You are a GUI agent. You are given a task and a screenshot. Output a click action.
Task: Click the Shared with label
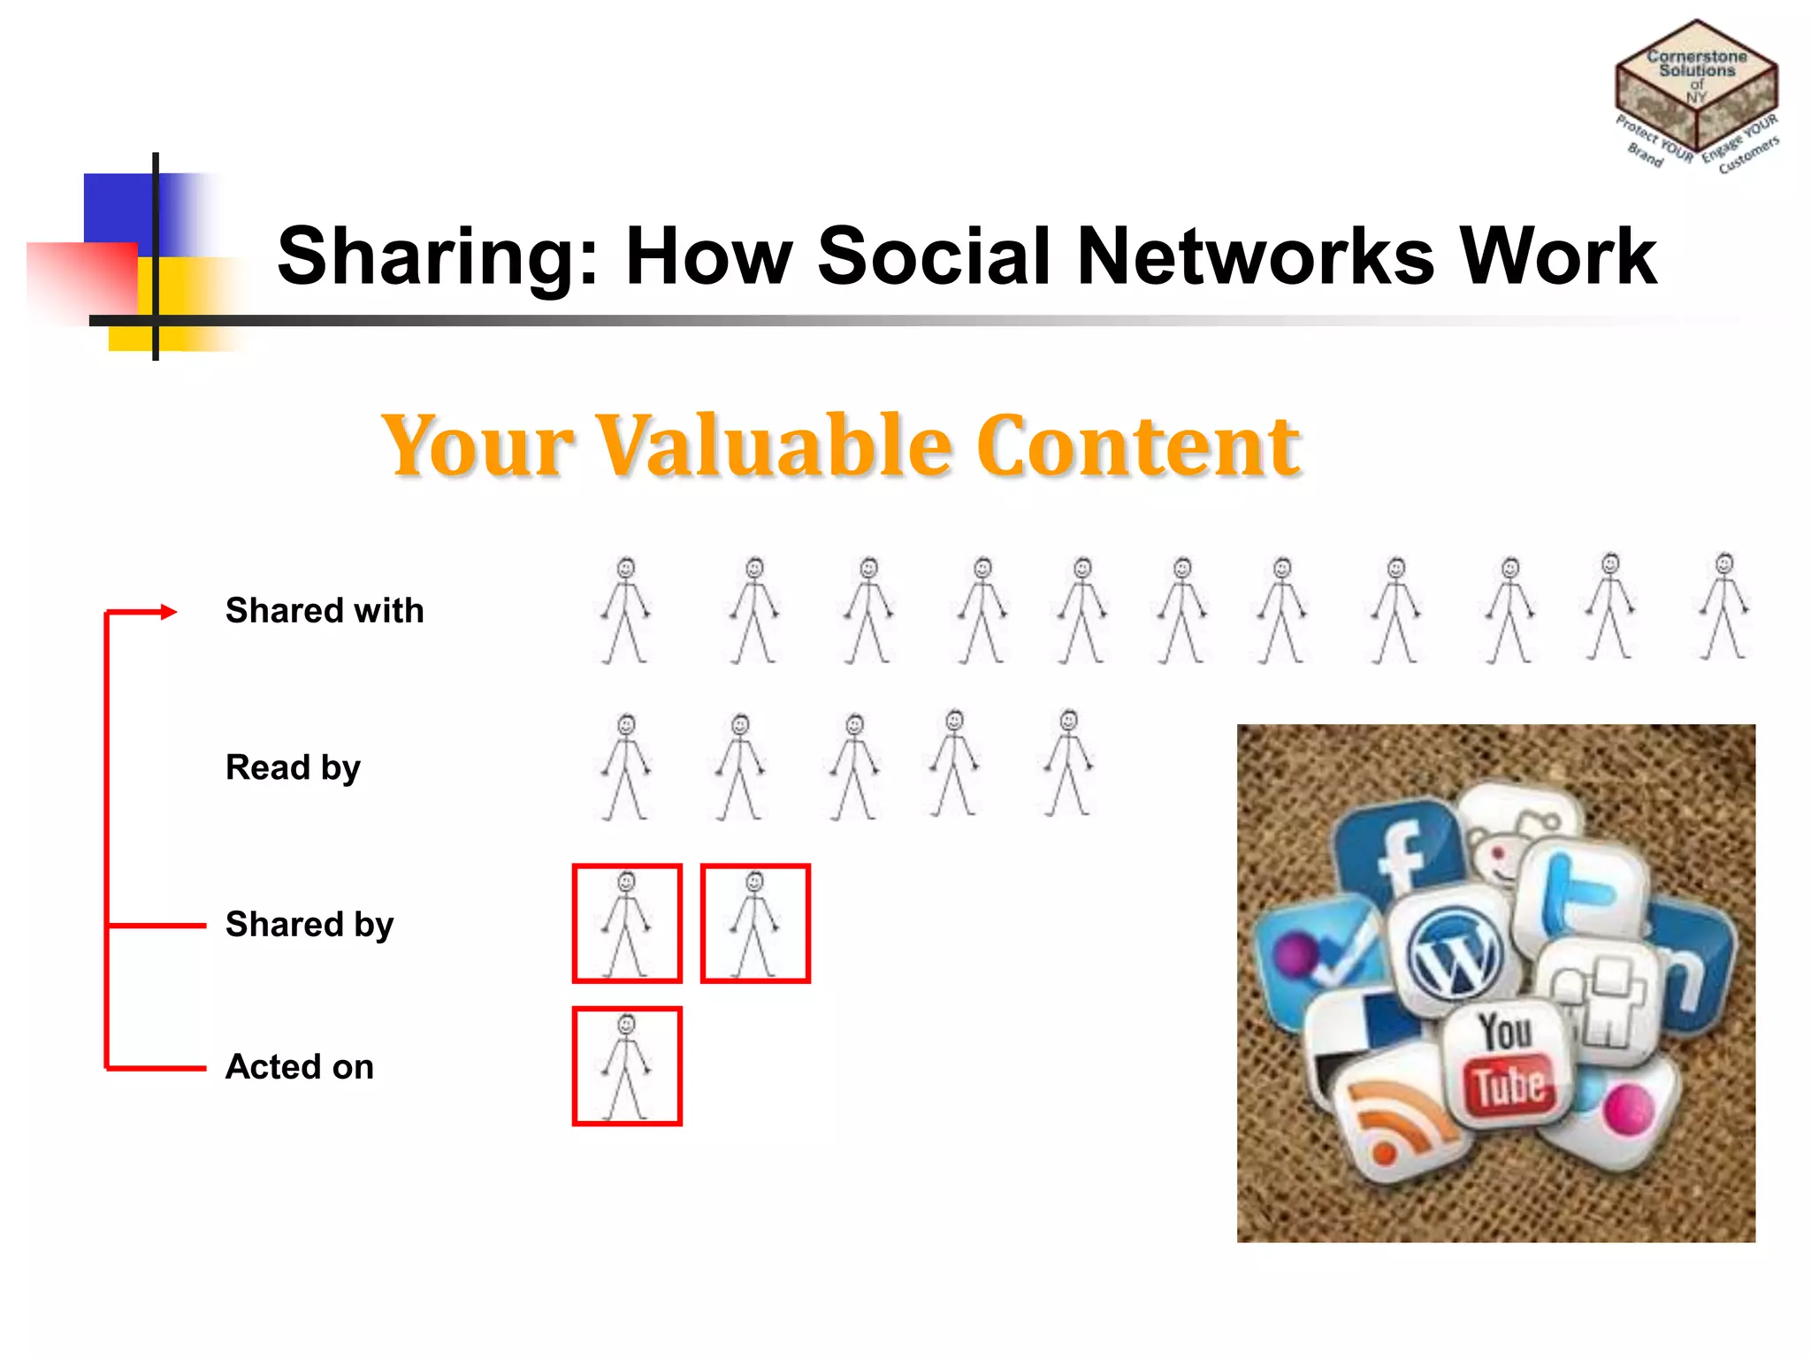(325, 611)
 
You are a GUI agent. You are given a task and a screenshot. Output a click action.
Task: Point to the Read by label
(293, 767)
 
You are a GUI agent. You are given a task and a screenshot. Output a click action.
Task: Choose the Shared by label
(309, 925)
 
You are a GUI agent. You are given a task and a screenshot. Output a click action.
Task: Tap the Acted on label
(299, 1067)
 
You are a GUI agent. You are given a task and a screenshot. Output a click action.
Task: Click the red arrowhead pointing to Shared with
(168, 611)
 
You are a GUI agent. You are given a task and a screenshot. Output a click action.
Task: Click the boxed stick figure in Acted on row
(627, 1066)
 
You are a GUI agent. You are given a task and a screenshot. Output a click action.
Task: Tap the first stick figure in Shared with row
(626, 610)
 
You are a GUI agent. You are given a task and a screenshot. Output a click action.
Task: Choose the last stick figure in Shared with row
(1723, 607)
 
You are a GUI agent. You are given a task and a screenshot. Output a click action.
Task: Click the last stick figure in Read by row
(1068, 763)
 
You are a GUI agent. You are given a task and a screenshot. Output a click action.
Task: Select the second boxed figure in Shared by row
(755, 924)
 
